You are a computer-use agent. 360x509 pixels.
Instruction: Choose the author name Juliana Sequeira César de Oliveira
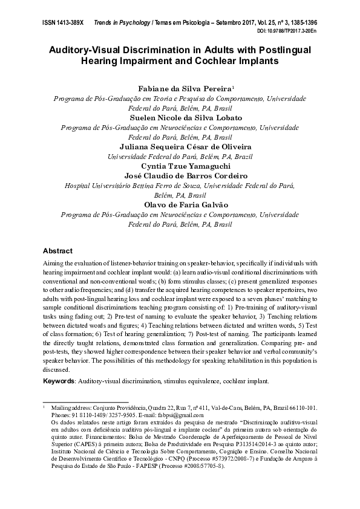pyautogui.click(x=180, y=147)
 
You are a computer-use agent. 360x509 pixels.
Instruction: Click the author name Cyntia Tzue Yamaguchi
pyautogui.click(x=180, y=166)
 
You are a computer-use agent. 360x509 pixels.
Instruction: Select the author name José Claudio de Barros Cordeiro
pyautogui.click(x=180, y=176)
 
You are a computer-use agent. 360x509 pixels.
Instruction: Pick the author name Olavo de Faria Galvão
pyautogui.click(x=180, y=205)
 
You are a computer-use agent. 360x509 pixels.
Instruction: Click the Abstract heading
pyautogui.click(x=58, y=250)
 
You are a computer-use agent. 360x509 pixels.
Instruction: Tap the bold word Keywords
pyautogui.click(x=59, y=382)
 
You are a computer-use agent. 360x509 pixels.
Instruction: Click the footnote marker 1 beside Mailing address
pyautogui.click(x=44, y=408)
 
